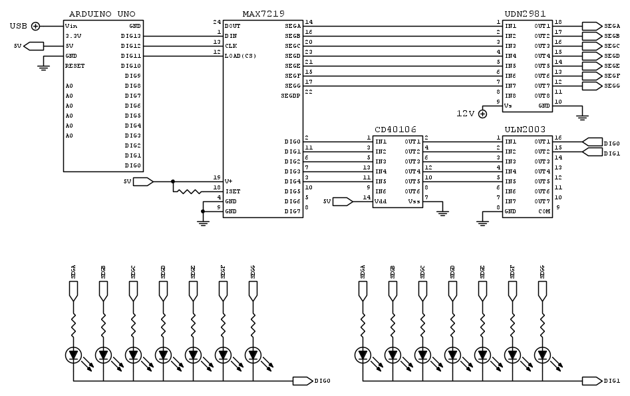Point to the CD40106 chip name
point(396,130)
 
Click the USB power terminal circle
point(35,26)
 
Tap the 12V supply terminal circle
point(483,114)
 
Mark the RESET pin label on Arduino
point(75,66)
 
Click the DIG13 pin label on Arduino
point(131,36)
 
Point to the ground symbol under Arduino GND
point(45,65)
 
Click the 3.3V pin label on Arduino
point(73,36)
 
